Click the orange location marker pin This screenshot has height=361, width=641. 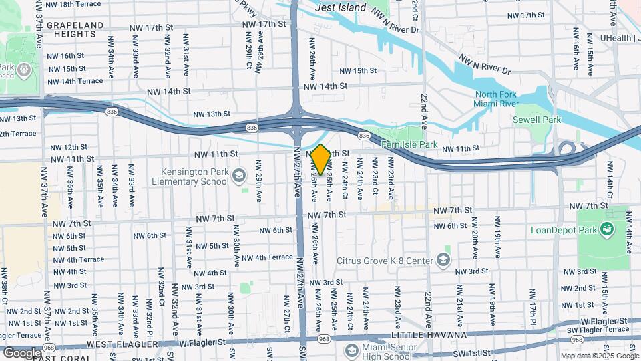[x=320, y=159]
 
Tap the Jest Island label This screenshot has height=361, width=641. [x=341, y=7]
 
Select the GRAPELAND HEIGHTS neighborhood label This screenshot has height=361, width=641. [x=75, y=29]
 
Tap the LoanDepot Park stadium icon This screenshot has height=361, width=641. [x=607, y=231]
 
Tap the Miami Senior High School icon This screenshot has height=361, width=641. [x=353, y=349]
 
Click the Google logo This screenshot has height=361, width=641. [x=21, y=352]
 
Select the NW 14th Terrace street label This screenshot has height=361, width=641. [x=74, y=81]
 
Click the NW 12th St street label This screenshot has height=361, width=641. [x=69, y=147]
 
